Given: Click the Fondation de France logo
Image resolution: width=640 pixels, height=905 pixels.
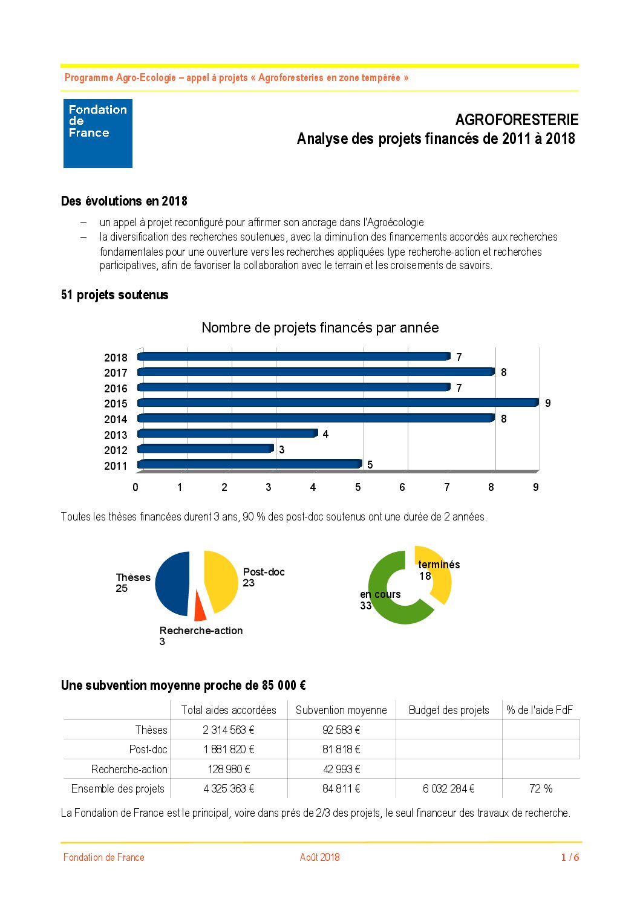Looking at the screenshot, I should point(98,134).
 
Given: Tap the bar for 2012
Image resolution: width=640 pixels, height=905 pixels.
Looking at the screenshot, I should point(206,449).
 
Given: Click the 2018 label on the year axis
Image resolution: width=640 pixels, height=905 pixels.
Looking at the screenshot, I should point(116,357).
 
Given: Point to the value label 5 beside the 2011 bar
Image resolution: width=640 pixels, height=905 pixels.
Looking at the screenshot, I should point(370,464).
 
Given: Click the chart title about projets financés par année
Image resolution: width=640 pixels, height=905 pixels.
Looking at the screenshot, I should point(320,328).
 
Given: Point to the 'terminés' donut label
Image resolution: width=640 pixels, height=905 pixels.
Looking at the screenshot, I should point(439,565).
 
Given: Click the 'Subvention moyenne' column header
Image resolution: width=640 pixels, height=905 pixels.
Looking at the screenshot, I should point(341,710).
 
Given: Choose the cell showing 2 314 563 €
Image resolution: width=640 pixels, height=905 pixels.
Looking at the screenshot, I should point(229,730).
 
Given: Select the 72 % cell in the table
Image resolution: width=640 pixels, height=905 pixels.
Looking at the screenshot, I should point(541,788).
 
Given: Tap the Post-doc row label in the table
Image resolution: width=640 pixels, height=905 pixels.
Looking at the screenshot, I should point(148,749).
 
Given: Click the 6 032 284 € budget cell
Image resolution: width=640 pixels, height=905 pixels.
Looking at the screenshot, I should point(449,788).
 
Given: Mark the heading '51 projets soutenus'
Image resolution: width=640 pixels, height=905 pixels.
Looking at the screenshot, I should point(115,295).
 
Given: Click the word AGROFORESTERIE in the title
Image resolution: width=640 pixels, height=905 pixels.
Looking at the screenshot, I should point(517,120).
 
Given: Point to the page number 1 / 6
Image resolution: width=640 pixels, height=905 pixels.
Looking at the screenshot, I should point(570,857).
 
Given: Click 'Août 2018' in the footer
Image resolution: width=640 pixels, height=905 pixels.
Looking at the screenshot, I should point(320,857).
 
